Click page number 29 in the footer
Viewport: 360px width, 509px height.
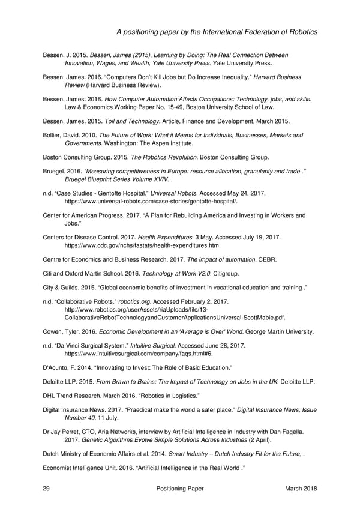[46, 489]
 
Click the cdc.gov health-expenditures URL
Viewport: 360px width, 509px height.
[142, 246]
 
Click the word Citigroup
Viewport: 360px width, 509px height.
[206, 273]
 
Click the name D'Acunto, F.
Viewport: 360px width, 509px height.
[62, 367]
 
